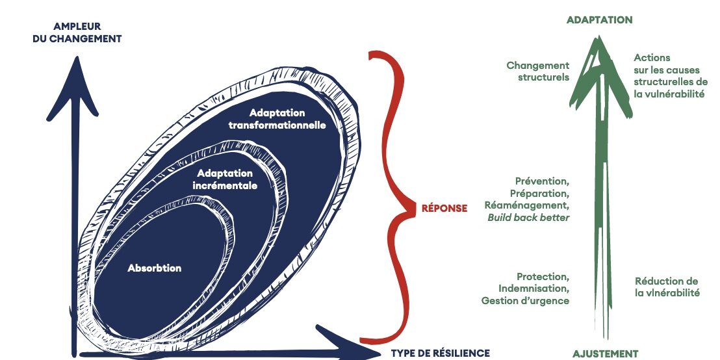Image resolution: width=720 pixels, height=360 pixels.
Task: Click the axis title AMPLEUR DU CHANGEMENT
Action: (77, 32)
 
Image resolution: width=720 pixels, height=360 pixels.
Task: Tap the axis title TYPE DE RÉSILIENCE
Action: (440, 353)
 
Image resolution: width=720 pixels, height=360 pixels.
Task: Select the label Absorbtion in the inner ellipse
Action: (155, 268)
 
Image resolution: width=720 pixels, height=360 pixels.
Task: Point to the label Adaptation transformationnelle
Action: (277, 119)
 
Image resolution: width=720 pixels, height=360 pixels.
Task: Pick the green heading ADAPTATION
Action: (599, 20)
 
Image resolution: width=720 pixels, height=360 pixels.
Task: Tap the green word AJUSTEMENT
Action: (605, 354)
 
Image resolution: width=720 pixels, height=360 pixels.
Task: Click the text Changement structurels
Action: (538, 71)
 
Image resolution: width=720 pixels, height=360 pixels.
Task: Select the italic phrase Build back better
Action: (528, 217)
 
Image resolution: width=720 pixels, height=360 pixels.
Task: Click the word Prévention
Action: (542, 181)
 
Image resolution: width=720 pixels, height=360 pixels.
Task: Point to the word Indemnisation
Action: (534, 288)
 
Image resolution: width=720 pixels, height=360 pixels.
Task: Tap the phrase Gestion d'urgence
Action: (525, 300)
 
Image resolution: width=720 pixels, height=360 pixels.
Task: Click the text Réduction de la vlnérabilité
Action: (667, 287)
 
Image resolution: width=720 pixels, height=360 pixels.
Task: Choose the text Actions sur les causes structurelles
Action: (670, 76)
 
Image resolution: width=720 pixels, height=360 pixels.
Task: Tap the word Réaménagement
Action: (527, 205)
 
